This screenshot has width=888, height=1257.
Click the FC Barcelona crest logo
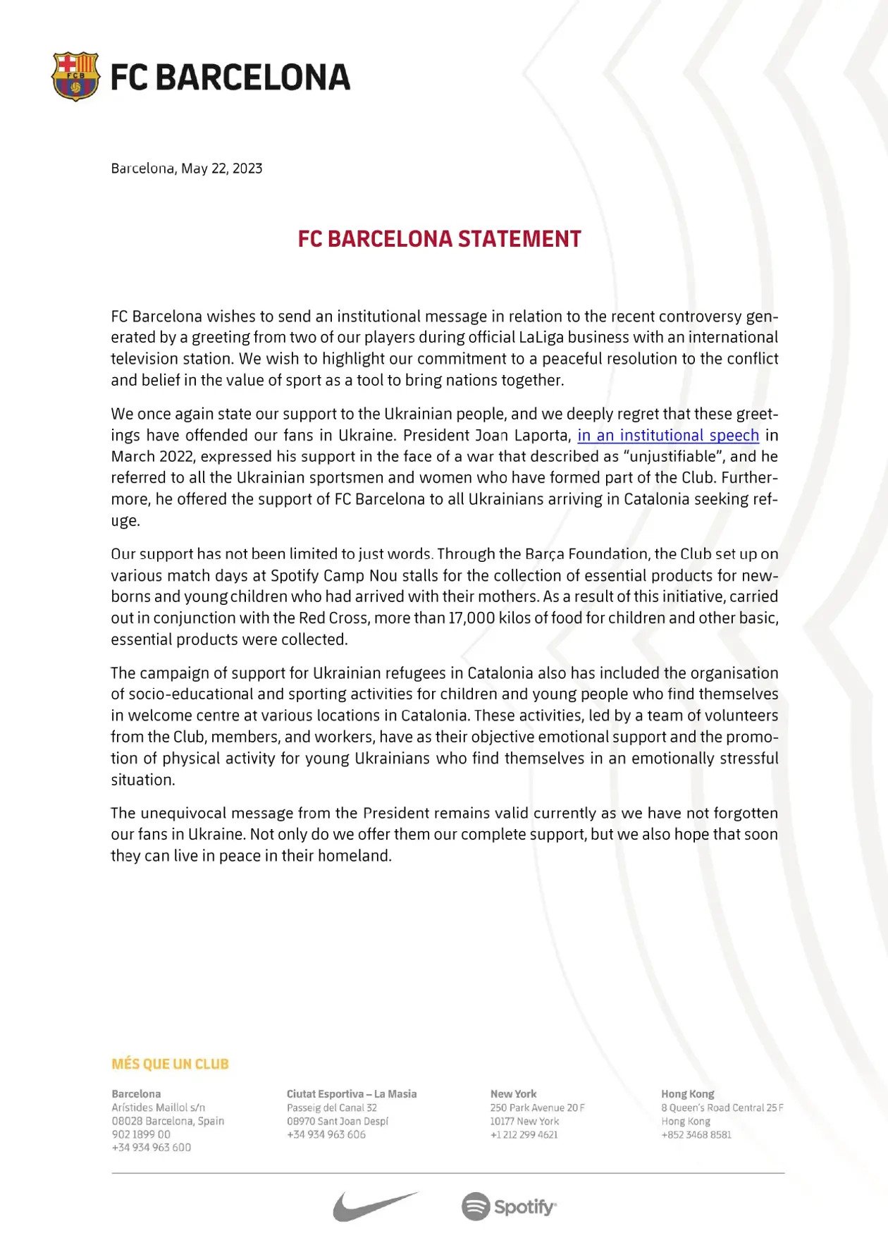(x=75, y=76)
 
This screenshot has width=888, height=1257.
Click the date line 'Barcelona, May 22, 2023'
(x=187, y=168)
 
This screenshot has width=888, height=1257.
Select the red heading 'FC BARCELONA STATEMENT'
(x=439, y=239)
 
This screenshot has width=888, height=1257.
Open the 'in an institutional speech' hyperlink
(x=668, y=436)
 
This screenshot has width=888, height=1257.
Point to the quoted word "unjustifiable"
(x=673, y=457)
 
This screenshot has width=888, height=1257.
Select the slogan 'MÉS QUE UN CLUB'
(x=170, y=1064)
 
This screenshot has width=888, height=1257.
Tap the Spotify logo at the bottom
(x=509, y=1206)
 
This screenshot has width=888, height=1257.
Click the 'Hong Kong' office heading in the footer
(x=687, y=1094)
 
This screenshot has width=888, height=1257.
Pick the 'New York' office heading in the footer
(x=513, y=1094)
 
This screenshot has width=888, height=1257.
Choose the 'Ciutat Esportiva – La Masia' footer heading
(x=351, y=1094)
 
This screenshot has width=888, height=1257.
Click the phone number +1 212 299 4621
(x=524, y=1135)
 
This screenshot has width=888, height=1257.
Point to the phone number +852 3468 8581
(x=696, y=1135)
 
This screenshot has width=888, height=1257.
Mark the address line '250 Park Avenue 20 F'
(x=537, y=1108)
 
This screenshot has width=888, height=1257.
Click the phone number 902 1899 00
(x=141, y=1134)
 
